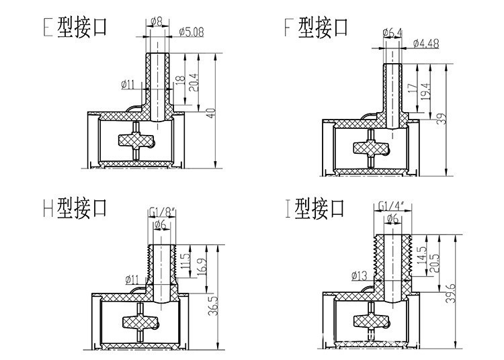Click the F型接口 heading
tap(317, 28)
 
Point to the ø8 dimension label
tap(155, 21)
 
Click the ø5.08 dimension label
tap(192, 30)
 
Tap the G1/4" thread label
tap(390, 204)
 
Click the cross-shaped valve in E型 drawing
tap(135, 141)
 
